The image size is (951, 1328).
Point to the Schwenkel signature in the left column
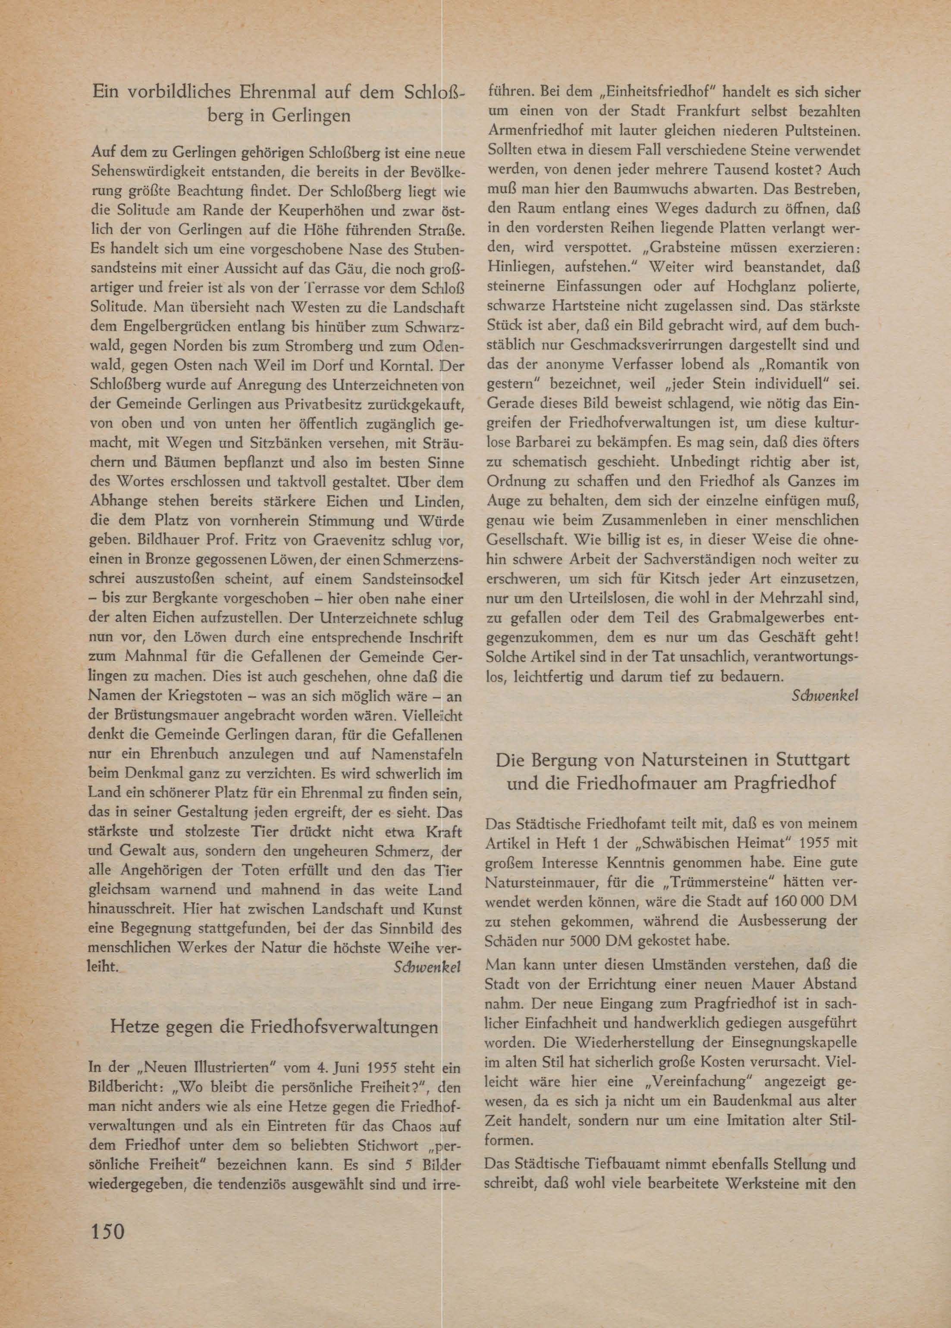tap(427, 966)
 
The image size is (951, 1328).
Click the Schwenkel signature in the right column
tap(825, 695)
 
